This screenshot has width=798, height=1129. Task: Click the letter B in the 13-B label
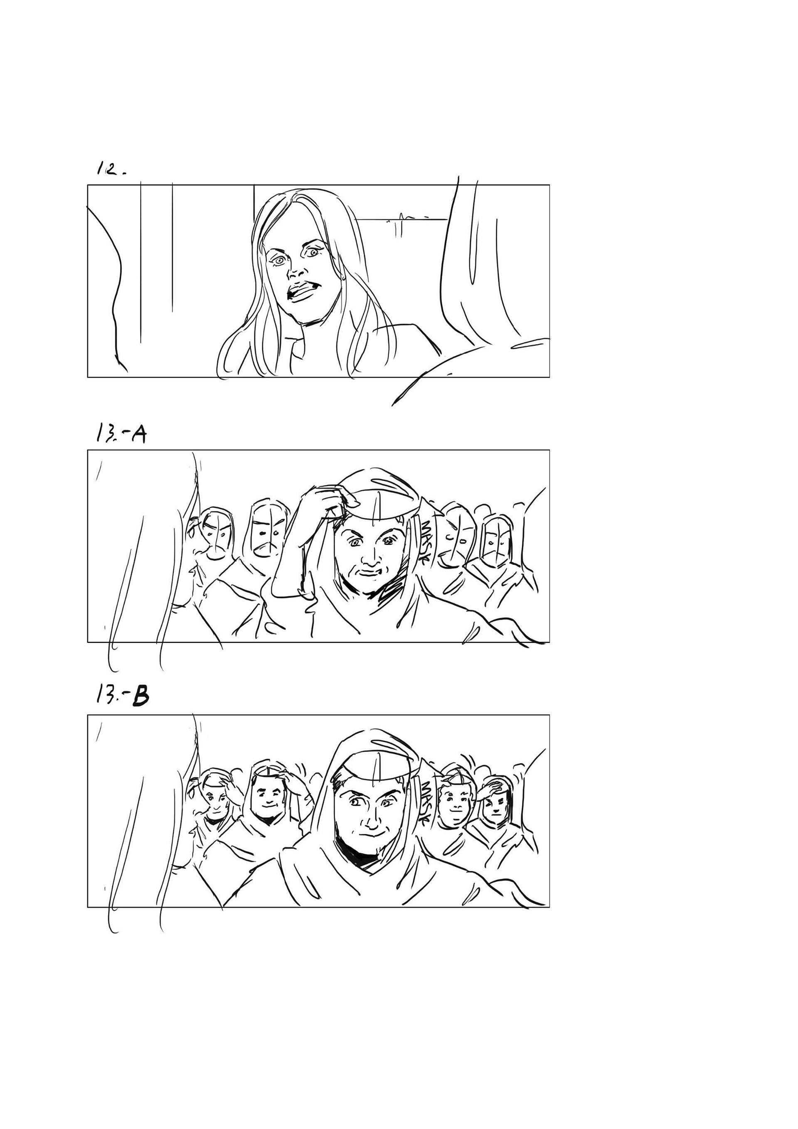140,698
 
